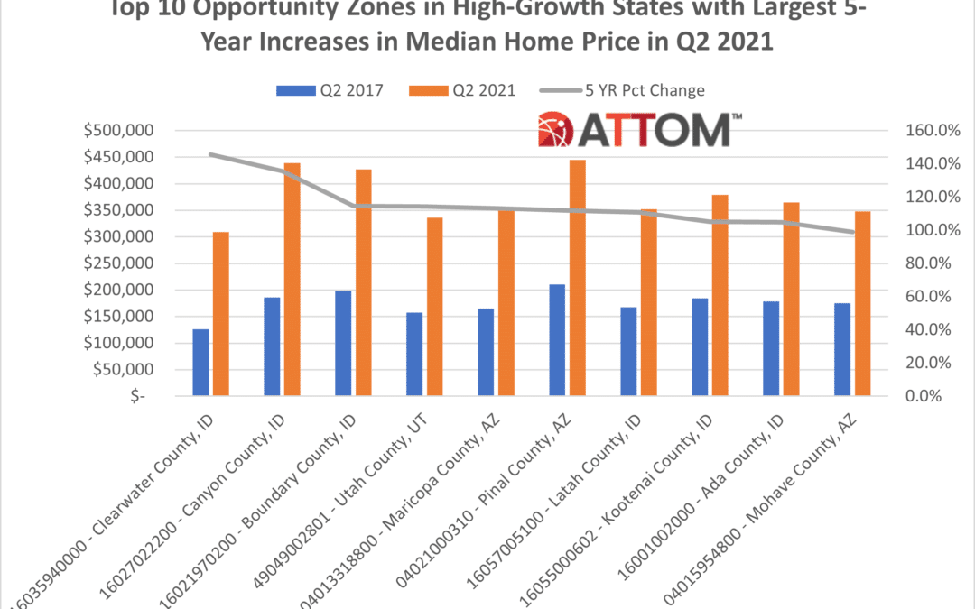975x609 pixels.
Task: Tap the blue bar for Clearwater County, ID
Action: [200, 363]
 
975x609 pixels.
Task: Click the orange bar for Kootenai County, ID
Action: [720, 296]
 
